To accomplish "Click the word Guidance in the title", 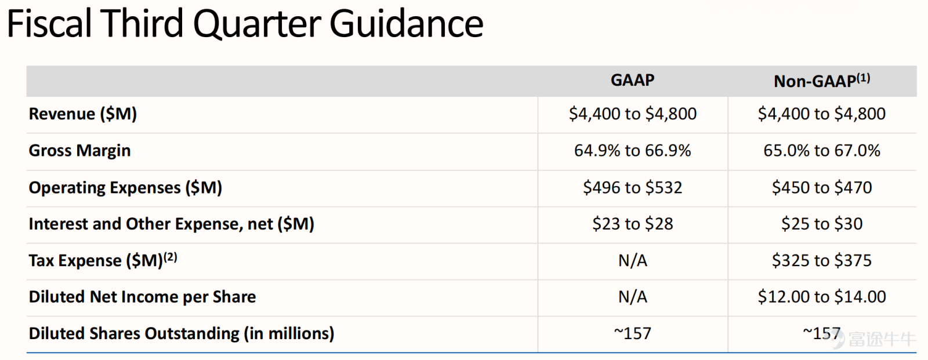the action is [406, 23].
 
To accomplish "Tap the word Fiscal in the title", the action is [49, 23].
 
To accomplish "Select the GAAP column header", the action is [633, 80].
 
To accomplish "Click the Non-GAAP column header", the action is [821, 81].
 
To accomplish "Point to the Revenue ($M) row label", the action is [83, 114].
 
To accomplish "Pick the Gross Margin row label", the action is [79, 151].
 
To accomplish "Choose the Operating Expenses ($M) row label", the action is [125, 188].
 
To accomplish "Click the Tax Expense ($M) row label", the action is [103, 260].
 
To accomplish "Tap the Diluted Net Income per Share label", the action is [142, 297].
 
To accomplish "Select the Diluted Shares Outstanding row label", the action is [182, 333].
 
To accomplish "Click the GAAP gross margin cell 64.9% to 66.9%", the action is [633, 150].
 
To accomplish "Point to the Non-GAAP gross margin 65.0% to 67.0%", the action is [822, 150].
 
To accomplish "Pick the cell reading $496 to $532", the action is [633, 188].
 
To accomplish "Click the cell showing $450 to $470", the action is [822, 188].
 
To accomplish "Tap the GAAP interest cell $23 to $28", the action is [633, 224].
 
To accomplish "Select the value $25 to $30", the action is [822, 224].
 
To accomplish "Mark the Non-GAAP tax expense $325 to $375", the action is [822, 260].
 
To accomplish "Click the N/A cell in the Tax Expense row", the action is [633, 260].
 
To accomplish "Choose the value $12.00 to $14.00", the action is [822, 297].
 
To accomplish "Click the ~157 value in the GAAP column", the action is [633, 333].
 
